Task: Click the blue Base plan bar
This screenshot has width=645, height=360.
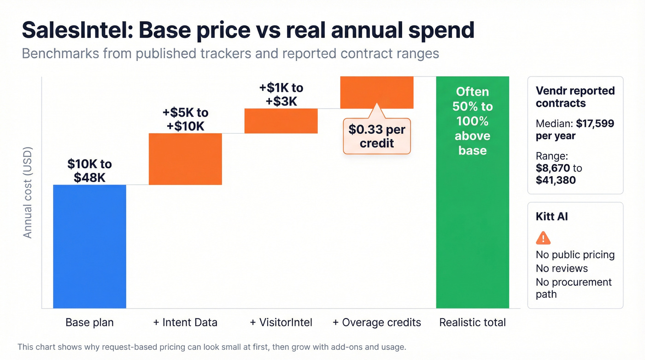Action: point(89,246)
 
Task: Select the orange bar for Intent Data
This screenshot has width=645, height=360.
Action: point(185,159)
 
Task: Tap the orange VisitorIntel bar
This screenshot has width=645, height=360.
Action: point(281,121)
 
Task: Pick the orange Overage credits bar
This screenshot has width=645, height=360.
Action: point(376,92)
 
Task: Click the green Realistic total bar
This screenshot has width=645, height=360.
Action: point(472,221)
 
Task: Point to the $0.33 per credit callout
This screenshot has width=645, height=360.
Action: point(376,136)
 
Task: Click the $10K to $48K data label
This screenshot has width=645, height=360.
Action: point(89,170)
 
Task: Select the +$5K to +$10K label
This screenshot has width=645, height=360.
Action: point(185,119)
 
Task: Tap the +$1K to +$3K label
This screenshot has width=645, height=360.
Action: point(281,94)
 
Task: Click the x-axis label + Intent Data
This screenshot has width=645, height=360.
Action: point(185,323)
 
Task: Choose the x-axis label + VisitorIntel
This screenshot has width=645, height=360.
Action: point(281,323)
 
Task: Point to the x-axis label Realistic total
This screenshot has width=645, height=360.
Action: point(472,323)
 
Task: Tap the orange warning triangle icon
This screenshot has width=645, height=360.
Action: point(543,238)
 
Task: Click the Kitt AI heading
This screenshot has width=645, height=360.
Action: point(551,217)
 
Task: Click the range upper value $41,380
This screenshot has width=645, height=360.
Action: point(556,180)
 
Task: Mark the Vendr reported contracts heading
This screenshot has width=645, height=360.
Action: point(575,97)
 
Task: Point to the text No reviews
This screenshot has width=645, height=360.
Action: point(562,268)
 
